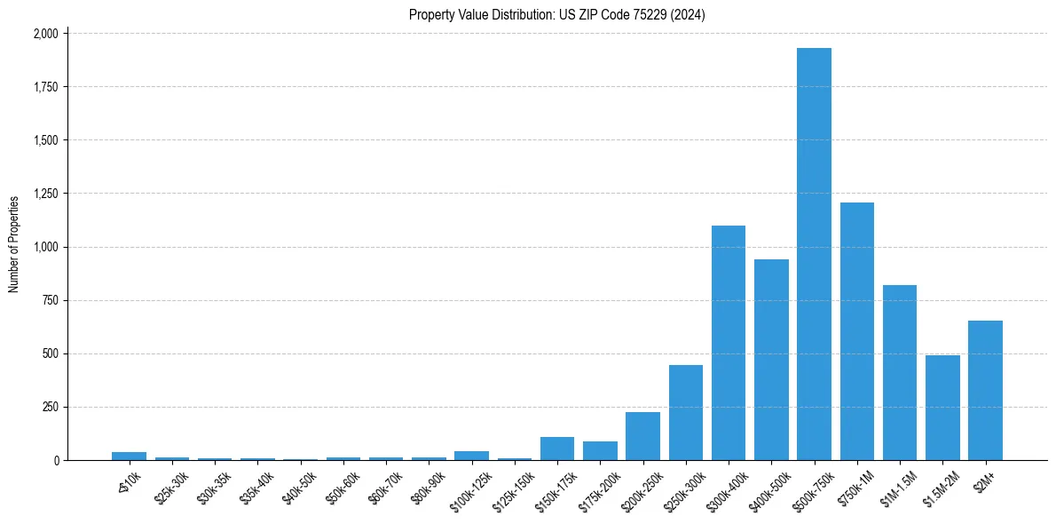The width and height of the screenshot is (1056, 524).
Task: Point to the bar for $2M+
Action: tap(985, 391)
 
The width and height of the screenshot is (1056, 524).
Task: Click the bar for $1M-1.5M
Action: tap(900, 373)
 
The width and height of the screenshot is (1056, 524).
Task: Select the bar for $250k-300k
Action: tap(686, 413)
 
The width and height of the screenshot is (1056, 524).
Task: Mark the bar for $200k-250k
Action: tap(642, 436)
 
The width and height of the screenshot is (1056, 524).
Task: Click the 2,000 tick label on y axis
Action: tap(45, 34)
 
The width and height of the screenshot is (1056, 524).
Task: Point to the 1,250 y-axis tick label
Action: tap(45, 194)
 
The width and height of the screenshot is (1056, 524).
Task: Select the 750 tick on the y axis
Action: tap(50, 300)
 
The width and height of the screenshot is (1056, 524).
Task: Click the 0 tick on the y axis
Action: tap(57, 460)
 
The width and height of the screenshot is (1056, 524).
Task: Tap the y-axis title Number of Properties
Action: tap(13, 243)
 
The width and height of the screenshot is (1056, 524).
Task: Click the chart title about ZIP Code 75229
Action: tap(557, 14)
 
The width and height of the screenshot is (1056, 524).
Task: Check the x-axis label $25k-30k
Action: tap(170, 487)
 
